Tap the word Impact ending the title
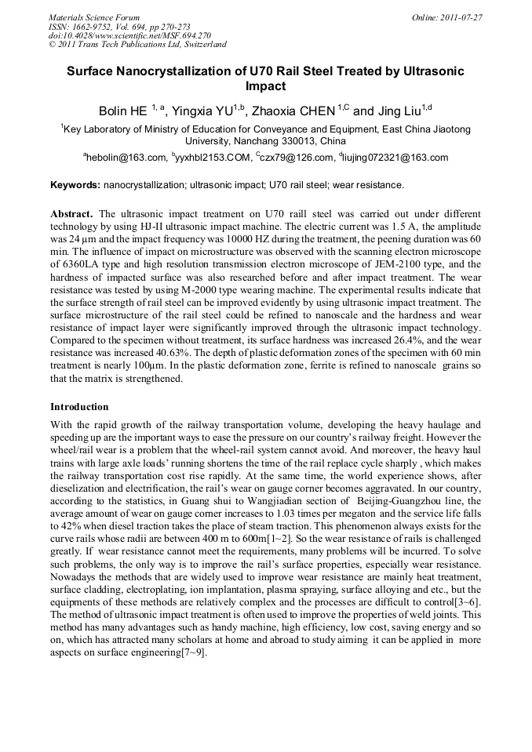[265, 86]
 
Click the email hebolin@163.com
[126, 158]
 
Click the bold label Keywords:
[75, 186]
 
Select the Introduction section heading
[79, 407]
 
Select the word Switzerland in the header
[201, 45]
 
